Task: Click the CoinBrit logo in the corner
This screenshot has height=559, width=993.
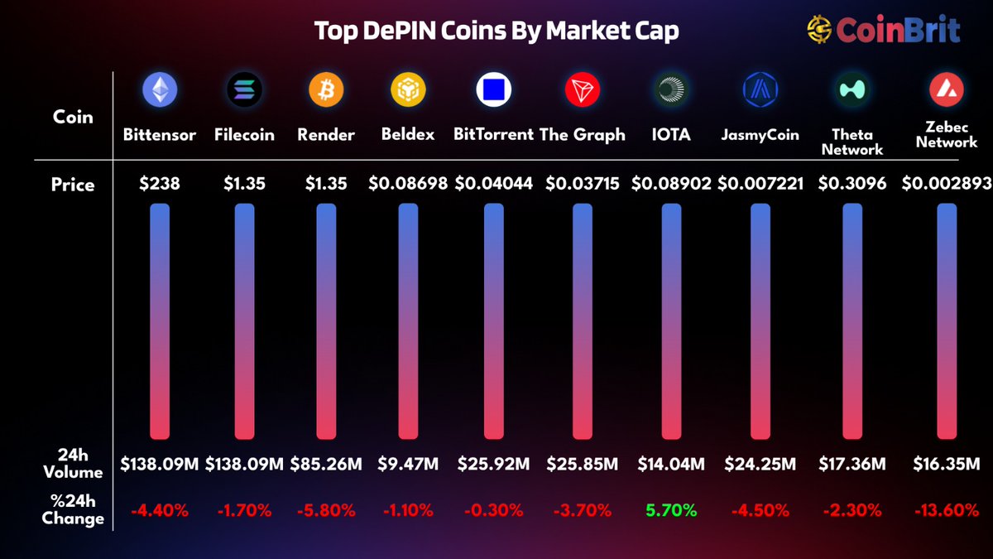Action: [883, 31]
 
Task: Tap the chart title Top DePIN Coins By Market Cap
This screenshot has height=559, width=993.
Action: [496, 31]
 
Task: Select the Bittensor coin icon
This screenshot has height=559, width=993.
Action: [160, 89]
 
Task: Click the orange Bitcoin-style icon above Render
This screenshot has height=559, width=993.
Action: [325, 89]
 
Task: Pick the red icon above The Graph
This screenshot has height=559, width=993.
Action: [583, 89]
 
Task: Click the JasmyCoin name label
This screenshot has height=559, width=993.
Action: [760, 134]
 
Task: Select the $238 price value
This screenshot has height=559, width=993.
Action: [160, 184]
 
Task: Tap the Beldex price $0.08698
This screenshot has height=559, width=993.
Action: [408, 184]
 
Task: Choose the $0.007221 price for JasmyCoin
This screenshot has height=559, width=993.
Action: [760, 184]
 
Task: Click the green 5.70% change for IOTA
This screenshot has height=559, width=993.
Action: [671, 511]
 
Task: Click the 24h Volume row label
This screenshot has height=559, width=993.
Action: [74, 464]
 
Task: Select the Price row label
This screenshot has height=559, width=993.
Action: [74, 185]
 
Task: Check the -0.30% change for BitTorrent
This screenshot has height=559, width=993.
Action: [492, 511]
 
